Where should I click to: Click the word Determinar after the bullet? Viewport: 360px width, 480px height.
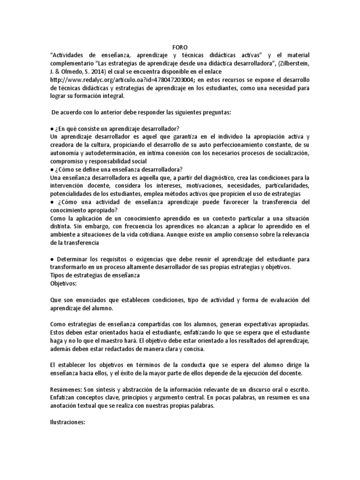tap(74, 259)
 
